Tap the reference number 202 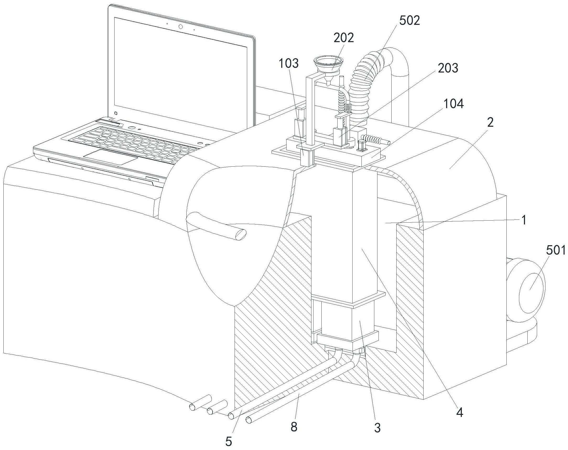pyautogui.click(x=344, y=38)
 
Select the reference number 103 pyautogui.click(x=289, y=63)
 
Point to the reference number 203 pyautogui.click(x=448, y=68)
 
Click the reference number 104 pyautogui.click(x=454, y=104)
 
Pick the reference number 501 pyautogui.click(x=556, y=250)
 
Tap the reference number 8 pyautogui.click(x=294, y=427)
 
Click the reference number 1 pyautogui.click(x=524, y=220)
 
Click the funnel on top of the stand pyautogui.click(x=328, y=64)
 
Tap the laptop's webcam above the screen pyautogui.click(x=181, y=27)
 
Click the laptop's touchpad pyautogui.click(x=111, y=157)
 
